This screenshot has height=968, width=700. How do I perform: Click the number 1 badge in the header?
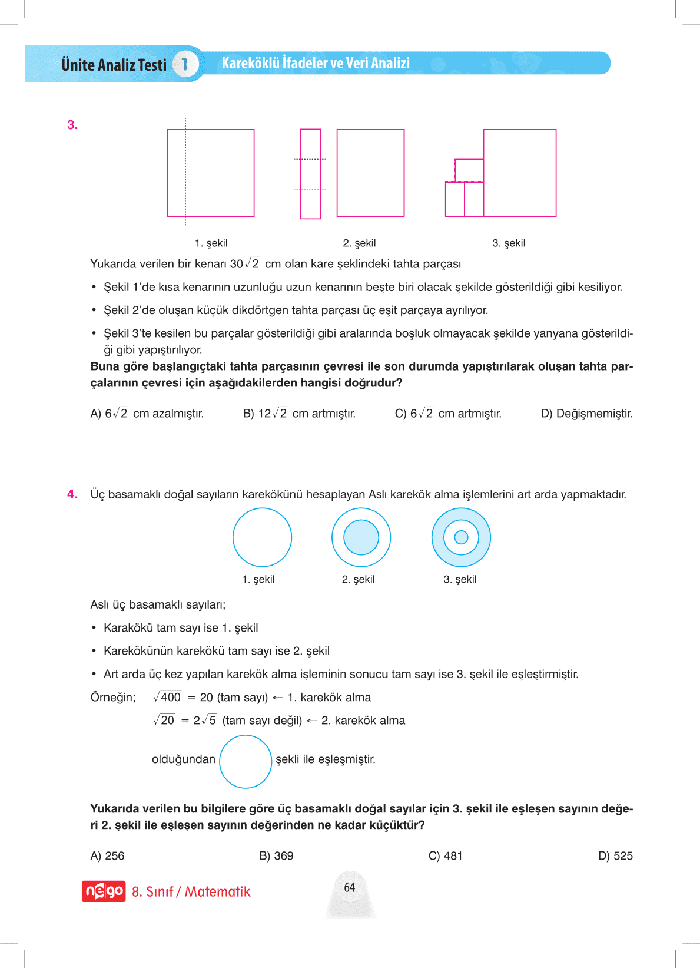(x=184, y=64)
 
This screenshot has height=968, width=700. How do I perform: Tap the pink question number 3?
(x=72, y=125)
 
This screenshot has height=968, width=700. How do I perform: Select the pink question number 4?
(x=72, y=494)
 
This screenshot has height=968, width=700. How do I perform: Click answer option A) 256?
(x=107, y=855)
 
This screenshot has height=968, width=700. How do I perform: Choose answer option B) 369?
(x=276, y=855)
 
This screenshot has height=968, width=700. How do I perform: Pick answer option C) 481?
(x=445, y=855)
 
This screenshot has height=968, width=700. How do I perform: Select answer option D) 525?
(x=615, y=855)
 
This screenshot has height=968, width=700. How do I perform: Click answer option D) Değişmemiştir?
(x=586, y=414)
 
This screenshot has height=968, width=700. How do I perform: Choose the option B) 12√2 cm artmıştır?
(x=299, y=414)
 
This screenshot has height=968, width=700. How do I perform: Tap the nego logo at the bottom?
(x=104, y=891)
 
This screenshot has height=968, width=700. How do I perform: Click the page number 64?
(x=350, y=887)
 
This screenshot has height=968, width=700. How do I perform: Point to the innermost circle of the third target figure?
(x=461, y=537)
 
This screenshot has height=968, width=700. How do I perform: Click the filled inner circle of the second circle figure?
(x=361, y=537)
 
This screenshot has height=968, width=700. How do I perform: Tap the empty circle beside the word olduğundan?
(x=246, y=761)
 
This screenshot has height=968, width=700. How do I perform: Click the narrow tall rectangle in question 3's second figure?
(x=310, y=174)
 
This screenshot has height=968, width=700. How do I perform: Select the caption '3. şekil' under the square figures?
(x=509, y=243)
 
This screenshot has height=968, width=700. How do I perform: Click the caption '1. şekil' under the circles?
(x=258, y=579)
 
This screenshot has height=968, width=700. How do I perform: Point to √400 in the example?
(x=167, y=697)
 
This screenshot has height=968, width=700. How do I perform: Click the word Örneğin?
(x=112, y=698)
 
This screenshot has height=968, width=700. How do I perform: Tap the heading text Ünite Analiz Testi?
(x=114, y=64)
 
